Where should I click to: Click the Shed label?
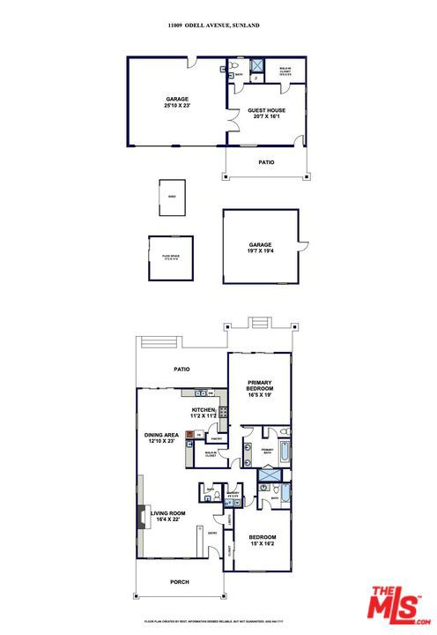[171, 197]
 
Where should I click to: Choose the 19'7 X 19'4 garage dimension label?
[259, 251]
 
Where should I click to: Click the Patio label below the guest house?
[266, 162]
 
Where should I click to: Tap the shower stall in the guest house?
[259, 67]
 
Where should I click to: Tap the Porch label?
[180, 581]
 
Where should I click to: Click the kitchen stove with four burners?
[224, 410]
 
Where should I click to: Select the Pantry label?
[216, 437]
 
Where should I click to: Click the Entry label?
[212, 533]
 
